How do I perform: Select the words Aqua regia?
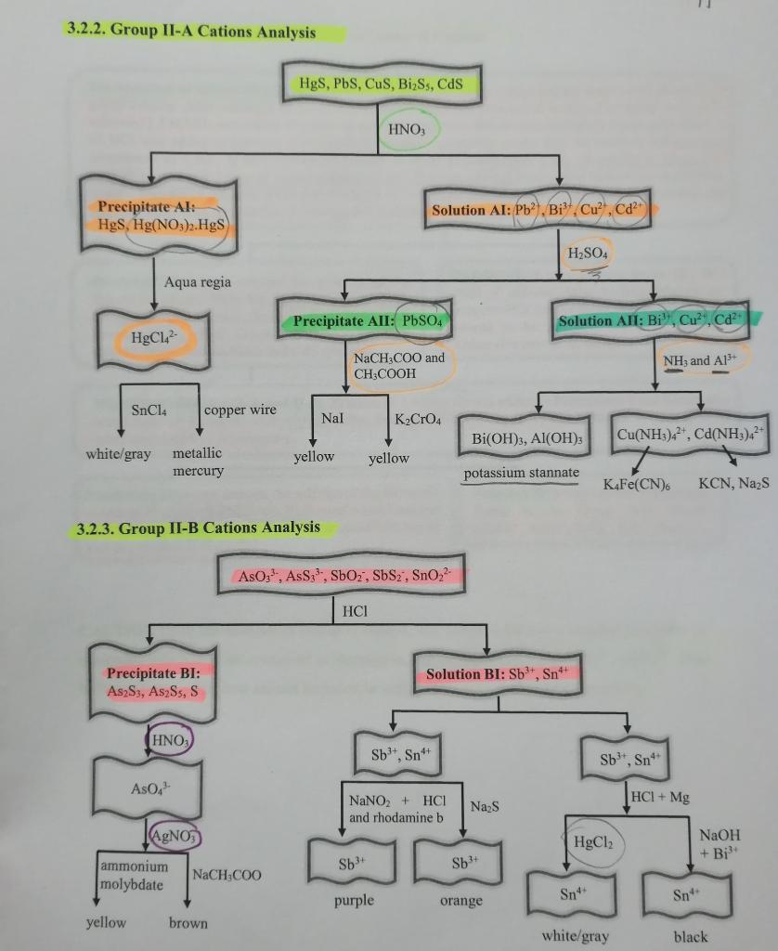197,281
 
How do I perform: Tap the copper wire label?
240,410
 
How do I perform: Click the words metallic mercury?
198,462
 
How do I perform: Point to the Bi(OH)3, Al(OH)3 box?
526,437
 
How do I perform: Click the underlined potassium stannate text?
521,473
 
